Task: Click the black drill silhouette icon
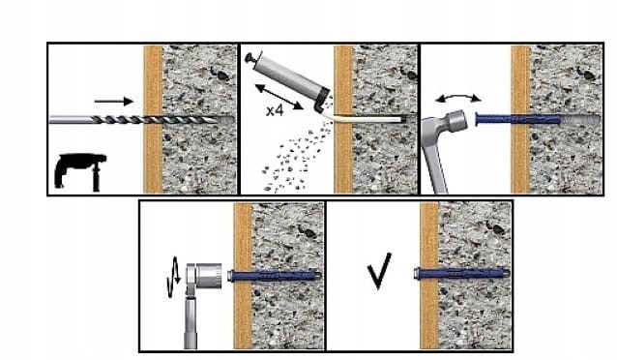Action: pos(80,171)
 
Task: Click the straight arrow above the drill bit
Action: pos(114,102)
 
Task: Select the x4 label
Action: pos(275,110)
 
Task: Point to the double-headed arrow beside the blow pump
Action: pos(279,97)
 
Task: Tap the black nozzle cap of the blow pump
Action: pos(323,100)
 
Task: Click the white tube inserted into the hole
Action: pos(362,119)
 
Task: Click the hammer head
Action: pos(456,120)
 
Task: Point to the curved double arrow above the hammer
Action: pos(458,97)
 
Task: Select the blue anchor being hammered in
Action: pos(517,118)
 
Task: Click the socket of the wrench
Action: pos(209,276)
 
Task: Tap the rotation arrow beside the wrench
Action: pos(173,277)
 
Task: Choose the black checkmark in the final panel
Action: pos(379,271)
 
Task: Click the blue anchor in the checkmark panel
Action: pos(460,273)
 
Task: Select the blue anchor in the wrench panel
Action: pos(275,275)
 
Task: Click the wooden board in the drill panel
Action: pos(153,119)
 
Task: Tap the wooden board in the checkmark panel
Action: pos(429,275)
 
